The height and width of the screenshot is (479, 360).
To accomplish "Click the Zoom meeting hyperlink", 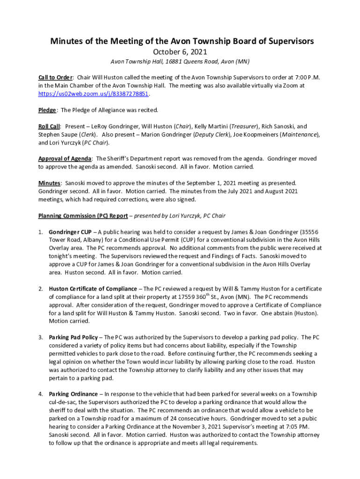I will point(94,94).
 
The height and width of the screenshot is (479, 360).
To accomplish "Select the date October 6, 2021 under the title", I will point(180,52).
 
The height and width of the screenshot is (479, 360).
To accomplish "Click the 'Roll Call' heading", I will point(49,126).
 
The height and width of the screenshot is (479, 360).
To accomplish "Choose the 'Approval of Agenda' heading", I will point(65,159).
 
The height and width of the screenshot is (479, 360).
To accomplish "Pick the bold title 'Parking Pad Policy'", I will point(73,337).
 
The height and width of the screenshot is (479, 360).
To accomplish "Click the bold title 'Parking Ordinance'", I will point(73,394).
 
